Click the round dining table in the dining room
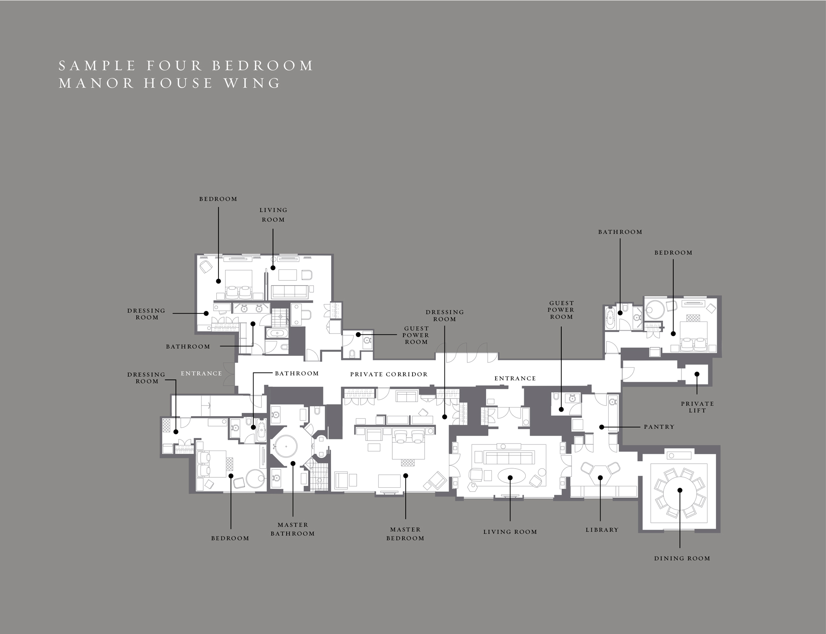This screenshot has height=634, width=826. pyautogui.click(x=680, y=490)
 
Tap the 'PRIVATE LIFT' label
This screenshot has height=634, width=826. pyautogui.click(x=698, y=407)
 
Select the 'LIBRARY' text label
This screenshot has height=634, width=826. pyautogui.click(x=602, y=530)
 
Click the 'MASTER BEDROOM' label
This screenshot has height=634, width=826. pyautogui.click(x=405, y=534)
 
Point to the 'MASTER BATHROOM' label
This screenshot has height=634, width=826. pyautogui.click(x=293, y=529)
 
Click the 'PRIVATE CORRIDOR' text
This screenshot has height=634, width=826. pyautogui.click(x=389, y=374)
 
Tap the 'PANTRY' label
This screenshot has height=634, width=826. pyautogui.click(x=659, y=427)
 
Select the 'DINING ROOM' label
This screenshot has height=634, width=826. pyautogui.click(x=682, y=558)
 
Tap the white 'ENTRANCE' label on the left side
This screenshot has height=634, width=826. pyautogui.click(x=202, y=374)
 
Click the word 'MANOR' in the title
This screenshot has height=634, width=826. pyautogui.click(x=96, y=83)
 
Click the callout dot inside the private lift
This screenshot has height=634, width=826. pyautogui.click(x=697, y=374)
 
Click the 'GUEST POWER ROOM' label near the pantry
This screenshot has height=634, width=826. pyautogui.click(x=561, y=310)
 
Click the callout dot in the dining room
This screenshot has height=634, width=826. pyautogui.click(x=680, y=490)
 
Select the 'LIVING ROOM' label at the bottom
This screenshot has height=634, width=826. pyautogui.click(x=510, y=532)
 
